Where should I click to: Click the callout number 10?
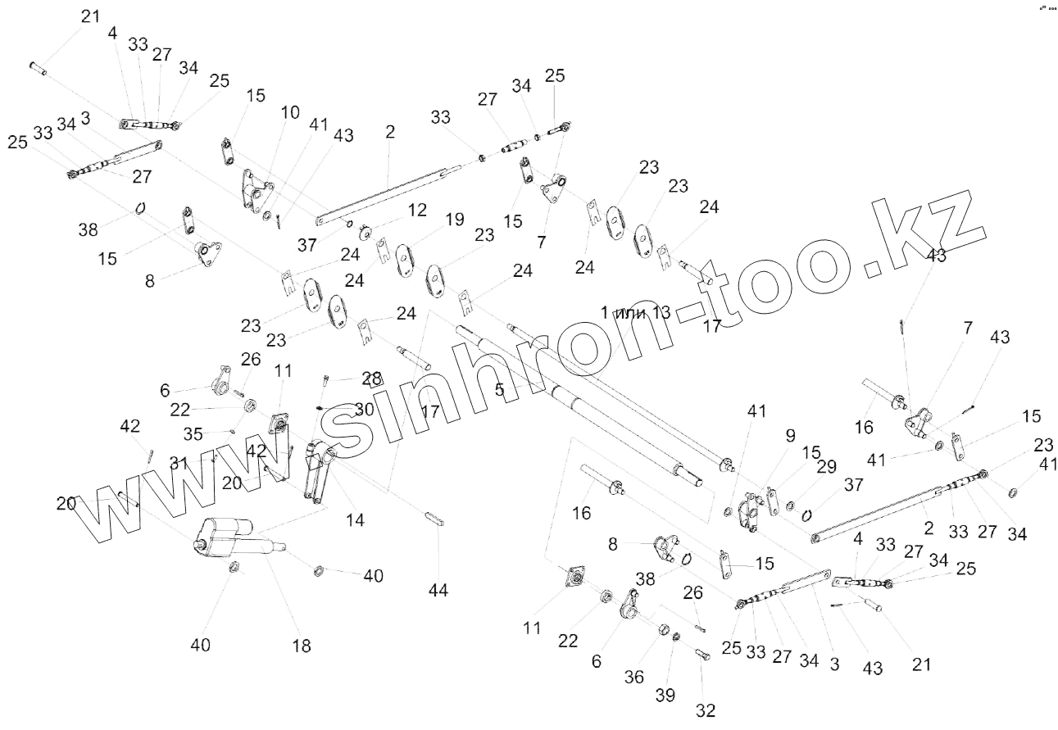[x=291, y=112]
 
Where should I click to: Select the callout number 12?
[x=417, y=211]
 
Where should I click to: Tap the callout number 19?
[x=454, y=219]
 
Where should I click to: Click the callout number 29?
[x=827, y=467]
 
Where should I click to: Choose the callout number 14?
[x=355, y=519]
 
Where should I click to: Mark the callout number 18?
[x=302, y=646]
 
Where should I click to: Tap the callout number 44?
[x=439, y=589]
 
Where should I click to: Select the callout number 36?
[x=634, y=677]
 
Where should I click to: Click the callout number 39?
[x=665, y=695]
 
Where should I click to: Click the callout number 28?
[x=372, y=379]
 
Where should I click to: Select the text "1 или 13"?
[x=635, y=312]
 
